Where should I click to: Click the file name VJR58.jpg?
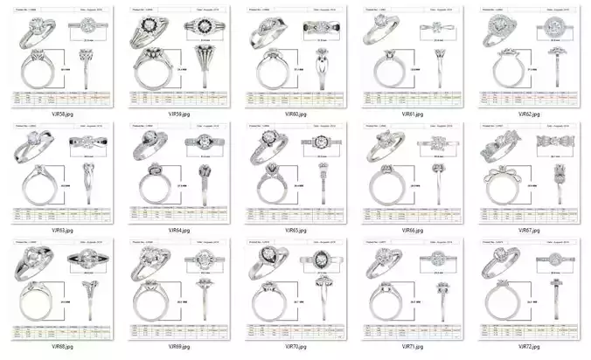tap(61, 114)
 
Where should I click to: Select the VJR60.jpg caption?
tap(294, 114)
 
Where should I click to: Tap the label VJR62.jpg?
tap(527, 114)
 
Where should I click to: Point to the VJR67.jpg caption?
tap(527, 231)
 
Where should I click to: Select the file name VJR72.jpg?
tap(527, 347)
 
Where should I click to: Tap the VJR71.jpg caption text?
tap(411, 347)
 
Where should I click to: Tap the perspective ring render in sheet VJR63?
tap(35, 147)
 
